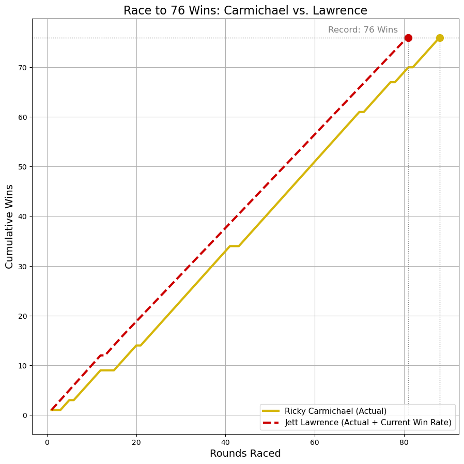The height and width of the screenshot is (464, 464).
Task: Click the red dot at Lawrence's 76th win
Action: [408, 38]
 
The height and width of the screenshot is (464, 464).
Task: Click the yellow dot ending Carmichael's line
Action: [440, 38]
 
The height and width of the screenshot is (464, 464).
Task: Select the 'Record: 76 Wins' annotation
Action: [363, 30]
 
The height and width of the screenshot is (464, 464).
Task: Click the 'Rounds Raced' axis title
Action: [245, 454]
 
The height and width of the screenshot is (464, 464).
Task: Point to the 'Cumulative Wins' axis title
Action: [9, 226]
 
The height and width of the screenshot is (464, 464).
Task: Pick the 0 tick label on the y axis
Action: [24, 415]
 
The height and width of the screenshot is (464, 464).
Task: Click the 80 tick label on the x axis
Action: [404, 442]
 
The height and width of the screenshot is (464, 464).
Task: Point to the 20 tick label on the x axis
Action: [136, 442]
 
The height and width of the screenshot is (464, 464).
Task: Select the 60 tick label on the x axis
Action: [315, 442]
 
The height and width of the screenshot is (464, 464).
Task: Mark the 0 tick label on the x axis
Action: [47, 442]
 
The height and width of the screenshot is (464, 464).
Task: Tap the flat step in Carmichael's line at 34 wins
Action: [234, 246]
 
